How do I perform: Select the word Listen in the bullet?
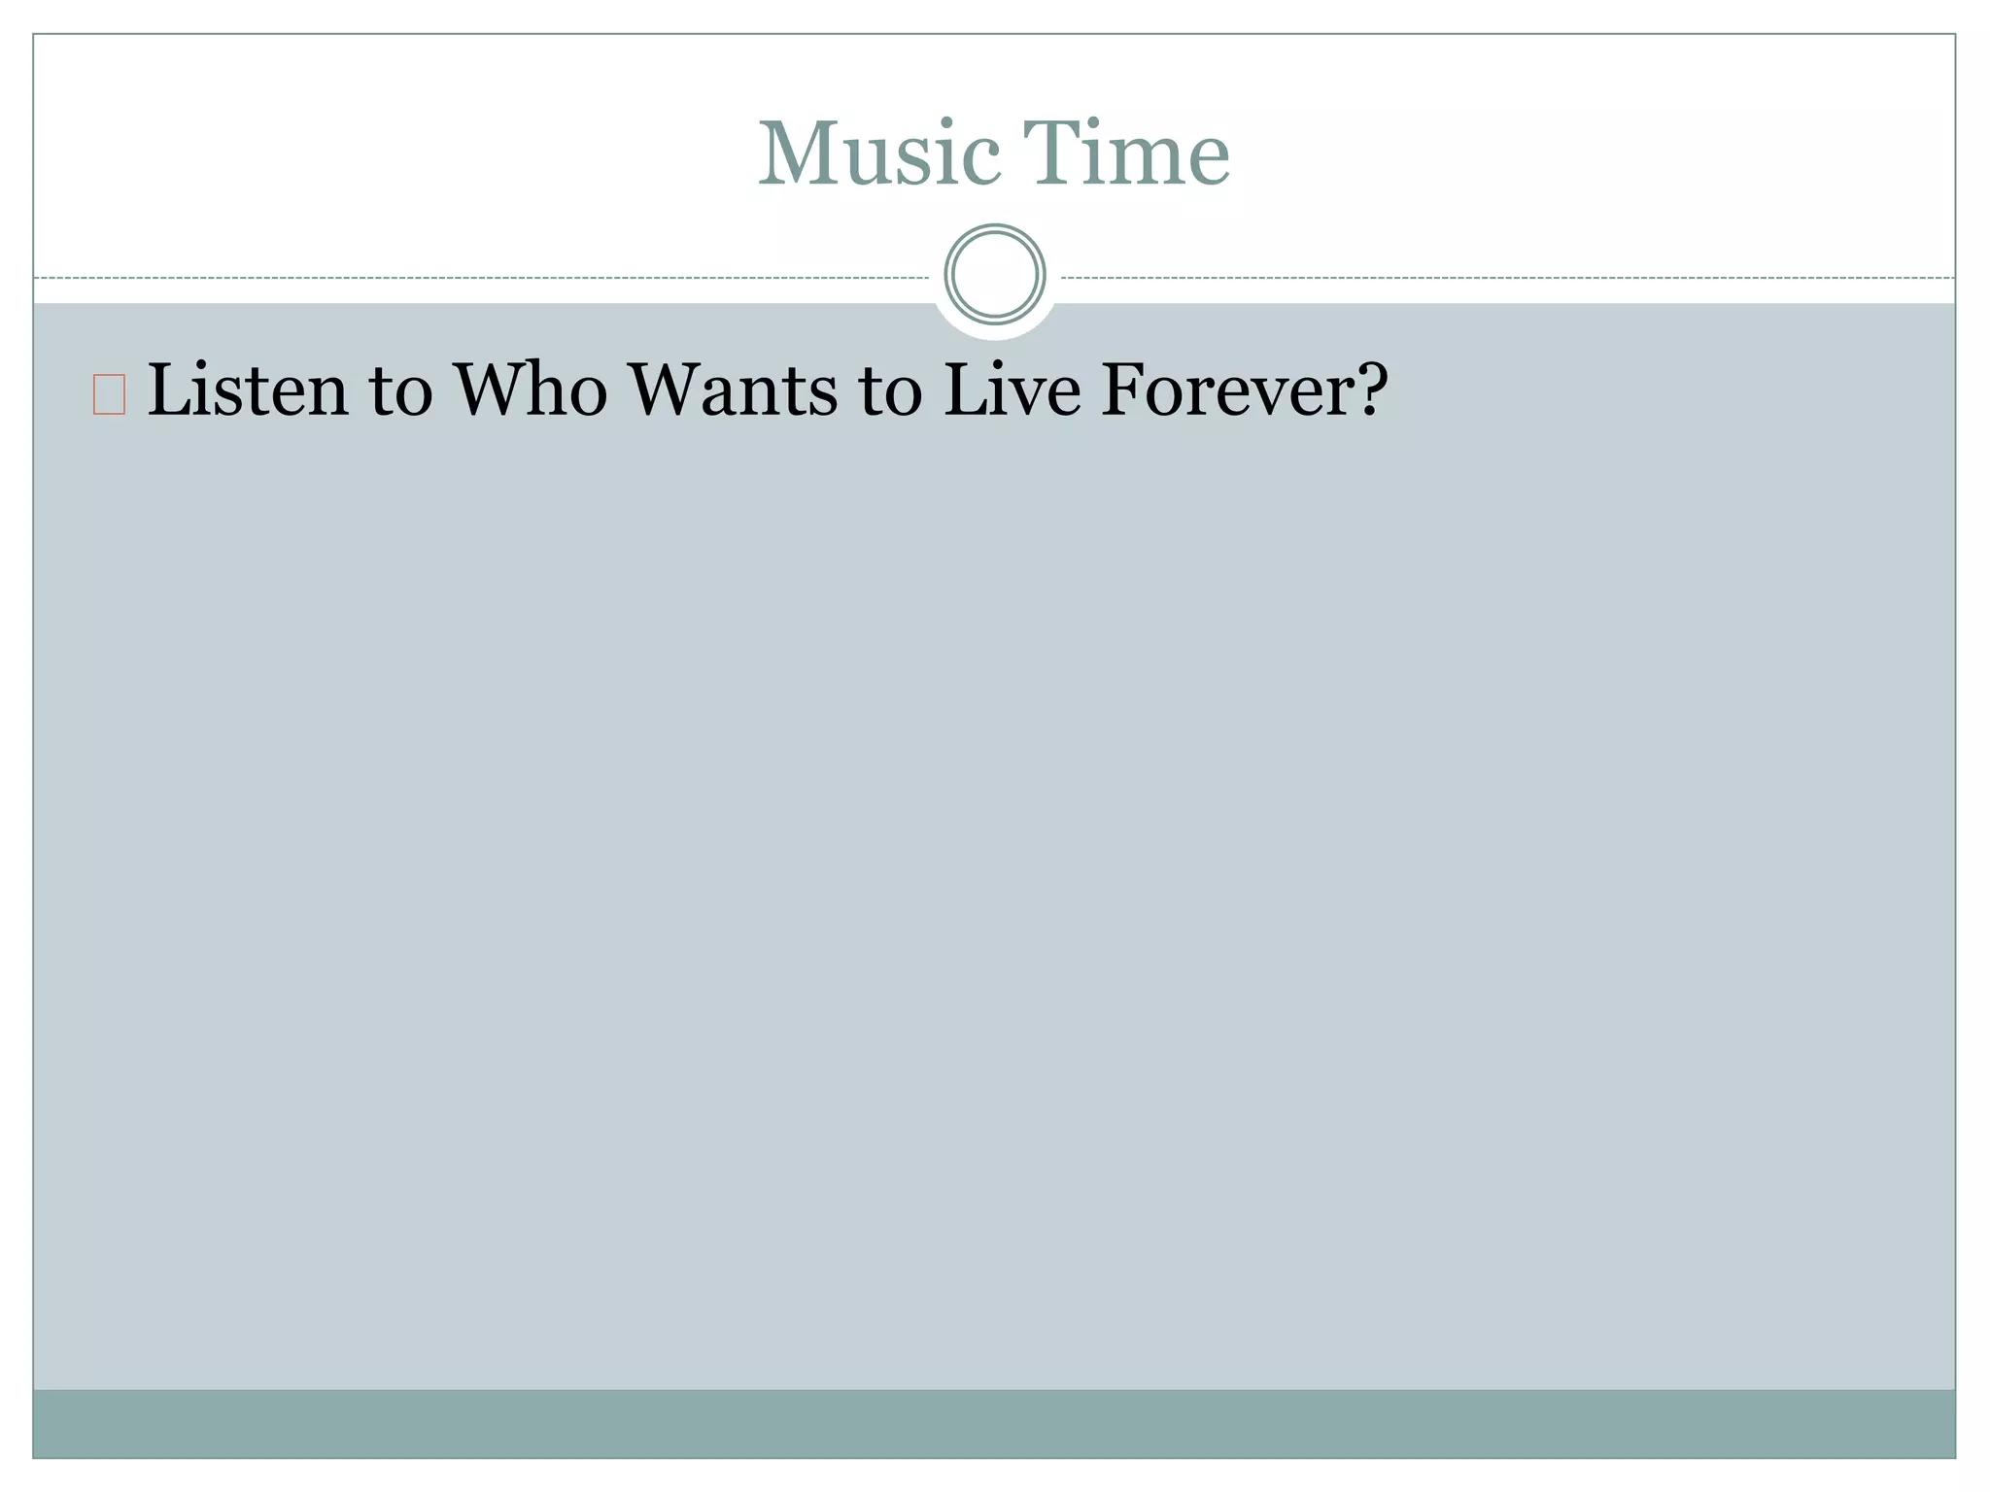247,390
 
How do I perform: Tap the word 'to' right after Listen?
400,392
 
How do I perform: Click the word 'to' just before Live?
890,392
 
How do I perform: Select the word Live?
1012,390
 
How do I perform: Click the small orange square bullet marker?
109,395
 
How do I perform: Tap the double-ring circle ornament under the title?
994,274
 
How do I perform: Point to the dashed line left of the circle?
486,278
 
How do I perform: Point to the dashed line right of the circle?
1506,278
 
